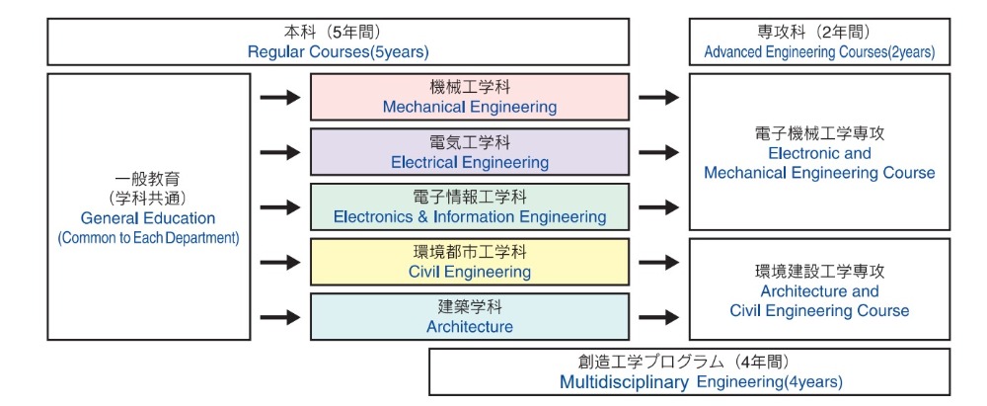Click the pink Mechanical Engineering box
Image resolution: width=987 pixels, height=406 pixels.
[x=470, y=97]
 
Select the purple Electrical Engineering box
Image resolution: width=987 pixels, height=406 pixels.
[x=470, y=152]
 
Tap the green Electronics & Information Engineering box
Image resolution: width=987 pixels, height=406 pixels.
[x=470, y=206]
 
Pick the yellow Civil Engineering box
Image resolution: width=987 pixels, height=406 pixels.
[x=470, y=262]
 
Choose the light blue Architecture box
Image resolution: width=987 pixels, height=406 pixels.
[x=470, y=316]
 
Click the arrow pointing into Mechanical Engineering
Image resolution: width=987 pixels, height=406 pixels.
[x=280, y=97]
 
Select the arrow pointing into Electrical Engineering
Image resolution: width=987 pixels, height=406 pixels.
[x=280, y=152]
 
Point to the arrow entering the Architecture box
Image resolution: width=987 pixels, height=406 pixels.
[x=280, y=317]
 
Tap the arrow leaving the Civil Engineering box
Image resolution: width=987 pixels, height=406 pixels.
[x=659, y=262]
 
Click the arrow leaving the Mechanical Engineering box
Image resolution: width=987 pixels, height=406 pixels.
[x=659, y=97]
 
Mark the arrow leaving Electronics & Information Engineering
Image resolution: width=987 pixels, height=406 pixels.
[x=659, y=206]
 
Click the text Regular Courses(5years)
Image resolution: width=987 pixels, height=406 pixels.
[x=338, y=52]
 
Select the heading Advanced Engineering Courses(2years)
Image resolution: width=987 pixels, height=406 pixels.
[x=819, y=52]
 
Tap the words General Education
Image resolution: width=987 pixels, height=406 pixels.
[x=148, y=218]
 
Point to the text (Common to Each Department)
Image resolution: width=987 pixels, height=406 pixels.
[x=149, y=239]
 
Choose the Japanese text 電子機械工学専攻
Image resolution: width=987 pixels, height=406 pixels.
[x=819, y=133]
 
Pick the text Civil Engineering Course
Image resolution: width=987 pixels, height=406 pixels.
[x=819, y=311]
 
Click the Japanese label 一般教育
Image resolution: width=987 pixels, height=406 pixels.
[x=148, y=180]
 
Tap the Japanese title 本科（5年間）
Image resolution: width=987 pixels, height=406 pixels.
[x=338, y=33]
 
